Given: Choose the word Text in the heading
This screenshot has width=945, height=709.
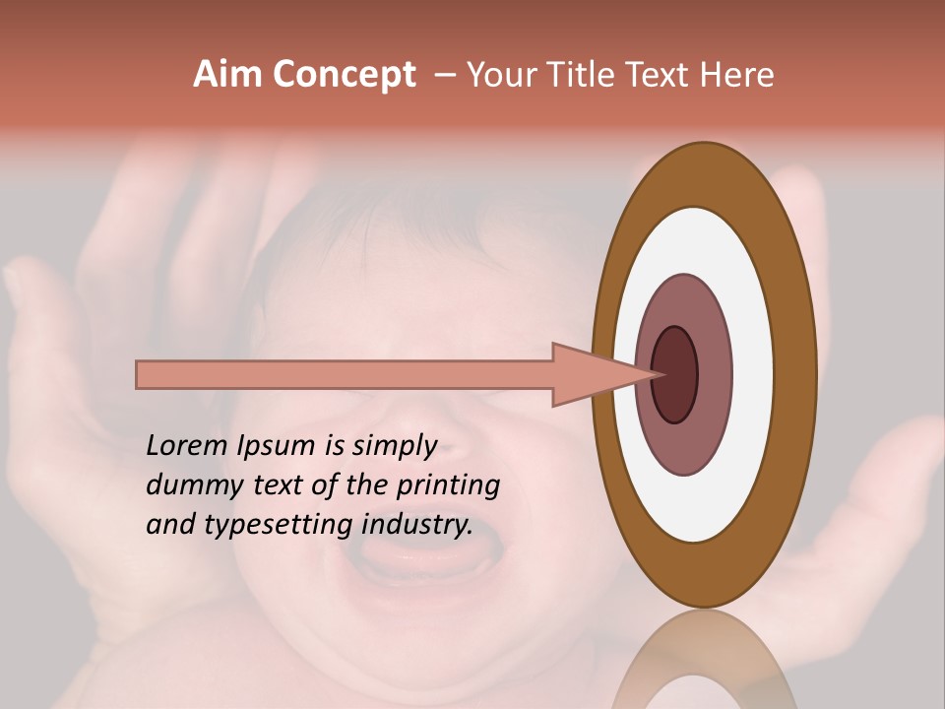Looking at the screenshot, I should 663,75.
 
